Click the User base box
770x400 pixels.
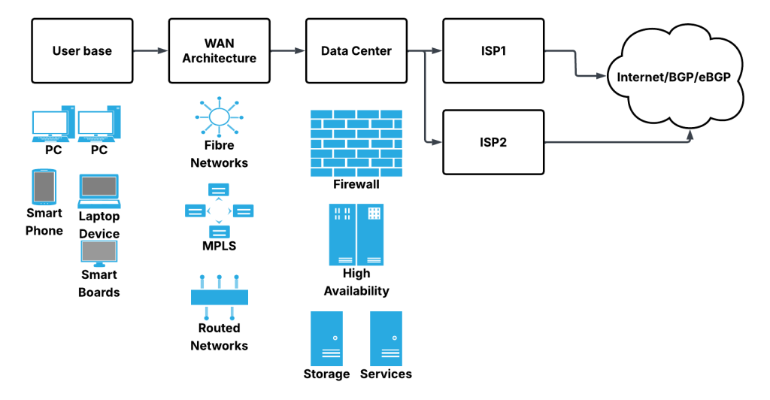click(x=82, y=51)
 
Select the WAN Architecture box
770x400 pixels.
click(x=219, y=51)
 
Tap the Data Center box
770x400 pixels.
click(x=356, y=51)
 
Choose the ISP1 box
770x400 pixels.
click(x=493, y=51)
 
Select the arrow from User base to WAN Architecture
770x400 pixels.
click(x=150, y=51)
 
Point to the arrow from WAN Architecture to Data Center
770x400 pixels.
click(x=287, y=51)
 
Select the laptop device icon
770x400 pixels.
click(x=99, y=191)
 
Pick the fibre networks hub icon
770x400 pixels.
click(x=219, y=117)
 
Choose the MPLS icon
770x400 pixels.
click(x=219, y=211)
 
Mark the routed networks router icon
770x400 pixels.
click(x=219, y=298)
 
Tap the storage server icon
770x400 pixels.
click(x=326, y=338)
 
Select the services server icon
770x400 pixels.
click(x=386, y=338)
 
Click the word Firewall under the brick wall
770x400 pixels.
click(x=356, y=184)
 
